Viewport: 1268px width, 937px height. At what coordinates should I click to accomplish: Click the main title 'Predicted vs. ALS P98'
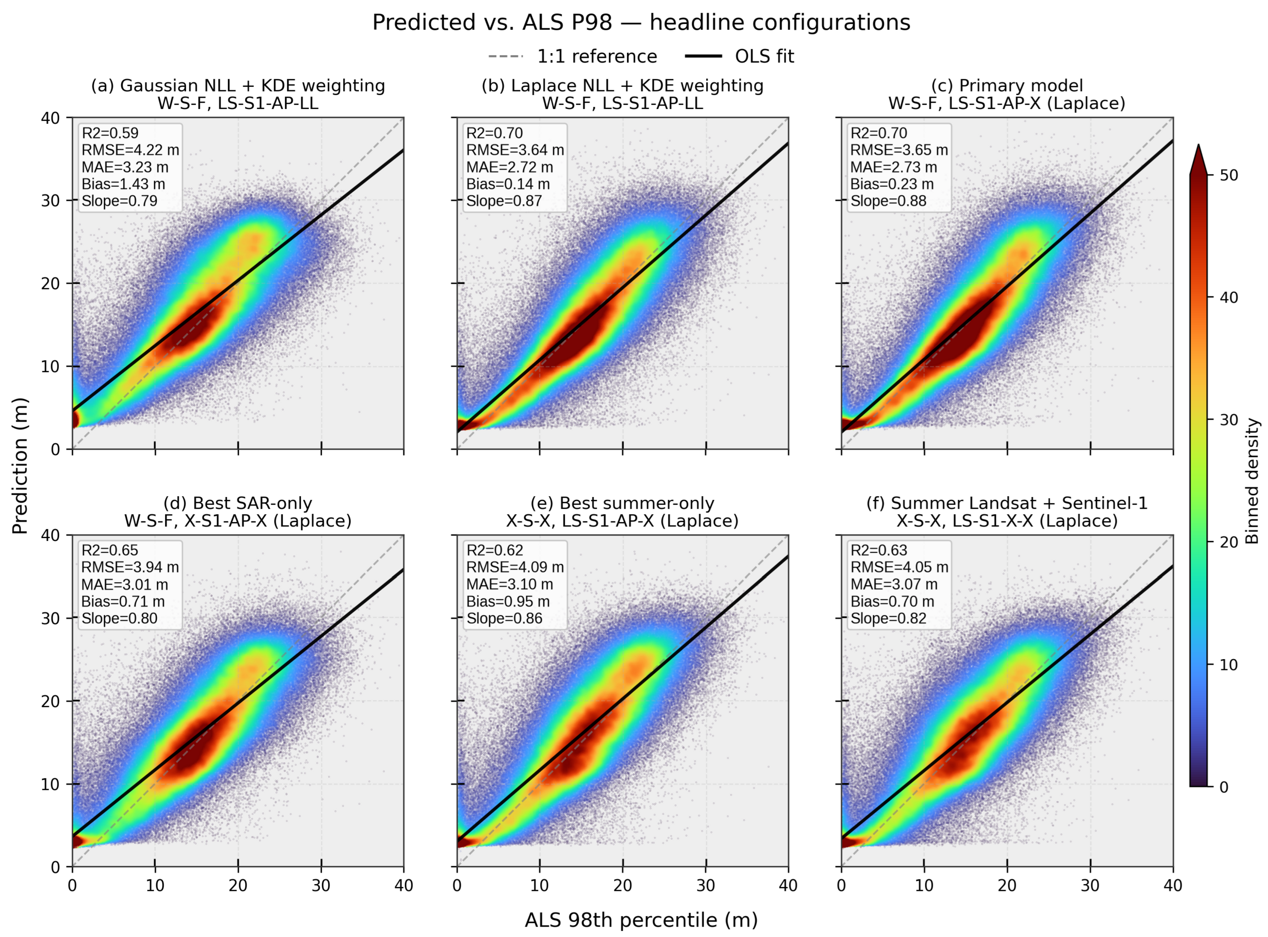[492, 23]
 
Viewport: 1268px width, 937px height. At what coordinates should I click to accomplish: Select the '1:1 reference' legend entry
[573, 56]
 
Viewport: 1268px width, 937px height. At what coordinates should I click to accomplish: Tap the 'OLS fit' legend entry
[740, 56]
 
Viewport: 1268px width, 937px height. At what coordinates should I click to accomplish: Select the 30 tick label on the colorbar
[1229, 420]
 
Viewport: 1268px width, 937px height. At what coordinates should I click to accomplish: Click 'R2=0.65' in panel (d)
[110, 550]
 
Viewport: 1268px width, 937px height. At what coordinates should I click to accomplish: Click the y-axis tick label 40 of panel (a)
[51, 118]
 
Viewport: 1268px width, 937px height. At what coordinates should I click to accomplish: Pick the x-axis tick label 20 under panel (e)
[623, 885]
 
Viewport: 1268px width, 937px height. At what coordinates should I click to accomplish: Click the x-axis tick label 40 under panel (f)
[1173, 885]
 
